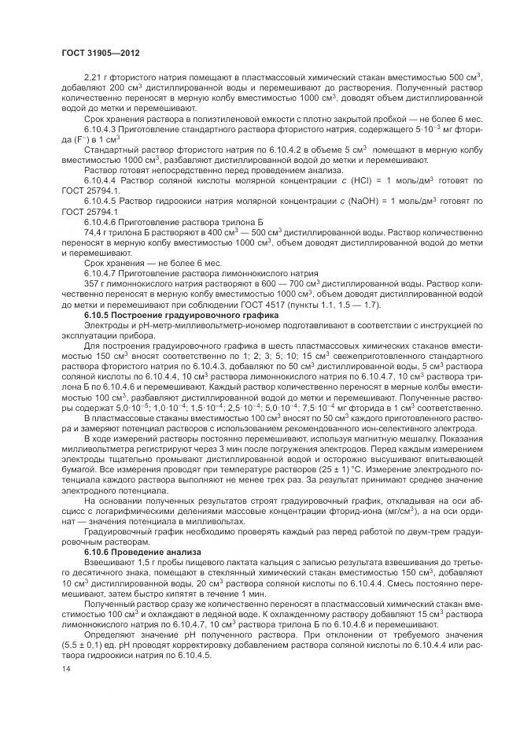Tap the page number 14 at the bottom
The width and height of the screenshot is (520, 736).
(x=66, y=668)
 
